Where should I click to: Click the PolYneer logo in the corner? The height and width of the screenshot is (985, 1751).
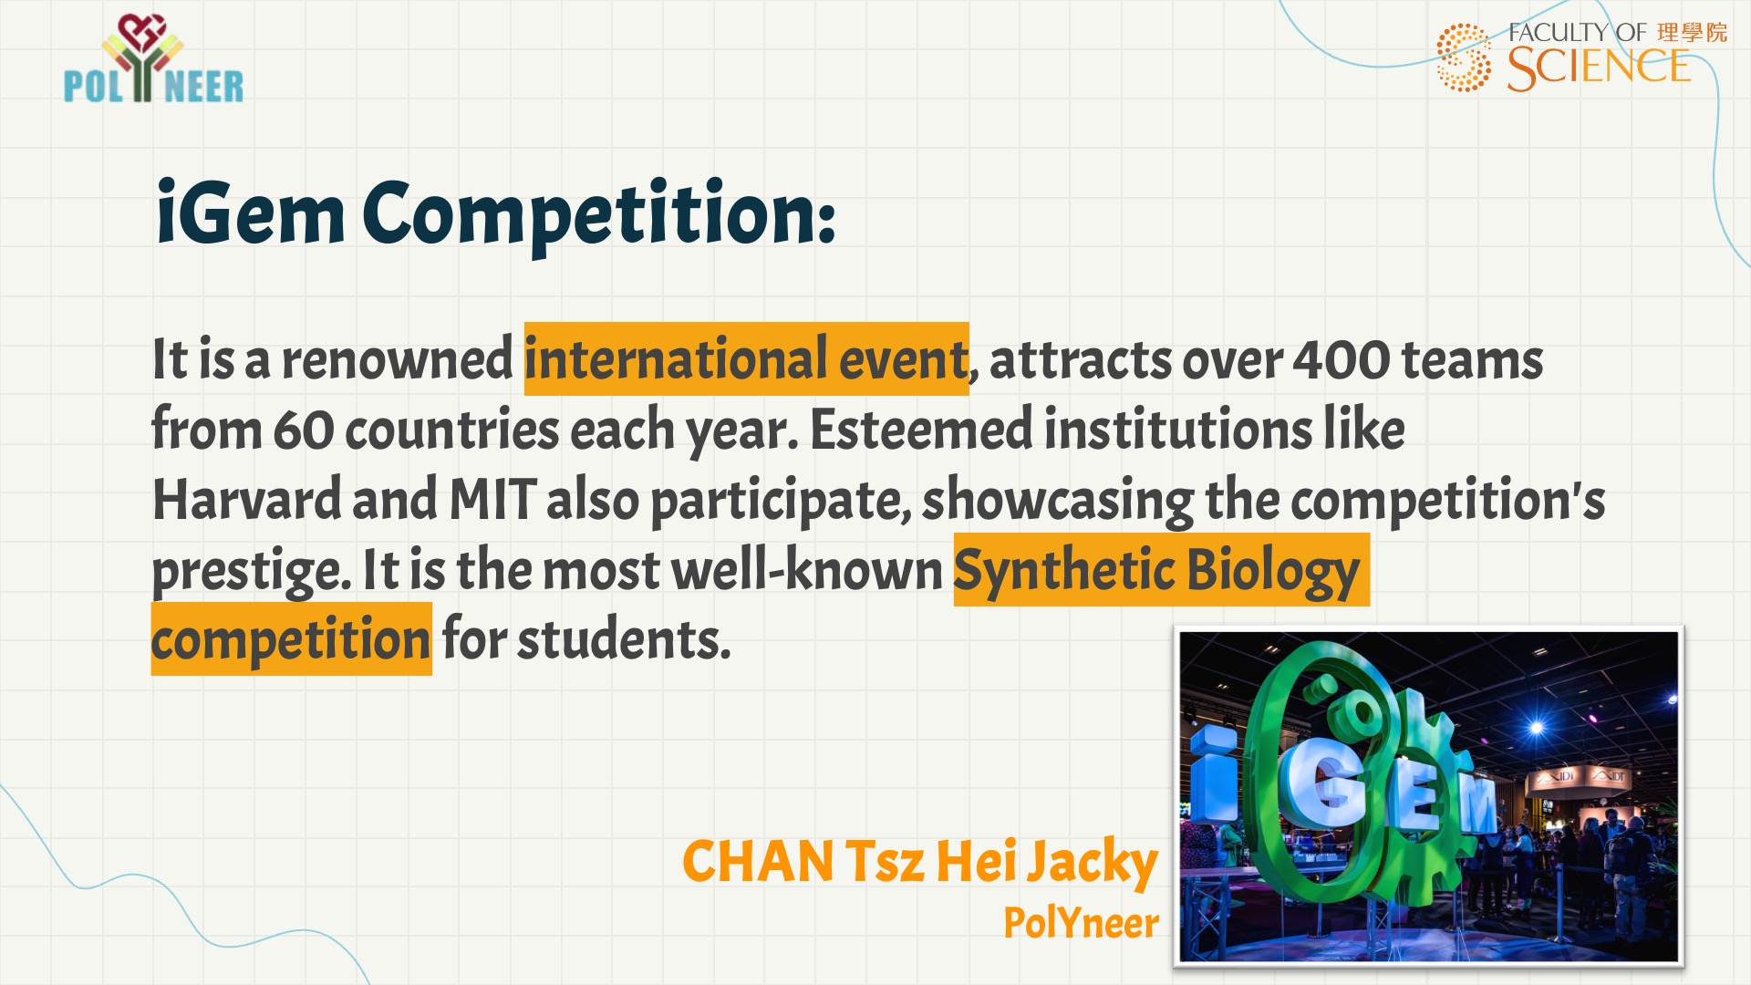(x=153, y=58)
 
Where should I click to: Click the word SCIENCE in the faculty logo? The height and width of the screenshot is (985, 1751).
(x=1598, y=67)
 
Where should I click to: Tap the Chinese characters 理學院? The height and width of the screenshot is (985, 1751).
(x=1693, y=33)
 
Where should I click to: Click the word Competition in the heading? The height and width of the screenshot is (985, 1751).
(x=598, y=217)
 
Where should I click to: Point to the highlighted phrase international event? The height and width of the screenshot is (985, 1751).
(x=746, y=359)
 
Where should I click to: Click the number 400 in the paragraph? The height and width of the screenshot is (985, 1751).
(x=1341, y=361)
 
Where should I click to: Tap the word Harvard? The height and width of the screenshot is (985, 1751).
(x=246, y=499)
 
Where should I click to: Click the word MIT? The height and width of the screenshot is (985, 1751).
(x=492, y=499)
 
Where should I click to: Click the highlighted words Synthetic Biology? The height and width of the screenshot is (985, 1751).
(x=1158, y=571)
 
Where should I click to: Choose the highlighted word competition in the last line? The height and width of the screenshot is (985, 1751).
(x=291, y=640)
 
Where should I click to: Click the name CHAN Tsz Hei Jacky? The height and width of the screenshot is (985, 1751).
(x=920, y=863)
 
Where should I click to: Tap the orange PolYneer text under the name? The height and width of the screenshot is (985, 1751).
(x=1081, y=923)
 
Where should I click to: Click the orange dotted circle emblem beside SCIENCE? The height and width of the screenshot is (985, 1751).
(x=1464, y=57)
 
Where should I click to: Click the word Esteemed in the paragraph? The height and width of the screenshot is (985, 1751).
(x=921, y=430)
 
